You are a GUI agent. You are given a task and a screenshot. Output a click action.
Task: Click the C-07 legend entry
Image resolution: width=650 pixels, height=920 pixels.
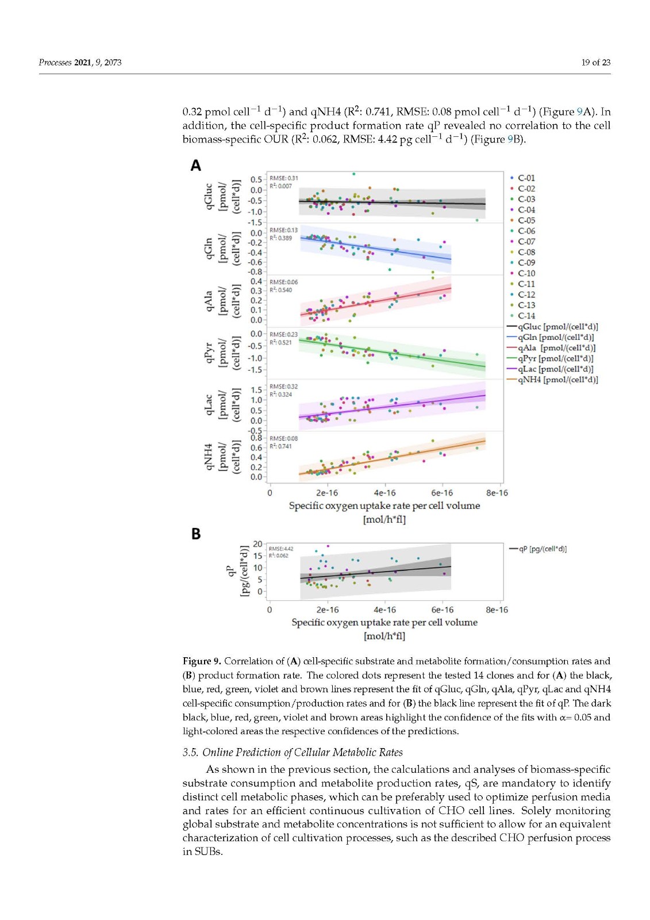(526, 241)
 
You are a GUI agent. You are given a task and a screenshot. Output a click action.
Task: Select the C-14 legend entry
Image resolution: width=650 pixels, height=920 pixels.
(526, 316)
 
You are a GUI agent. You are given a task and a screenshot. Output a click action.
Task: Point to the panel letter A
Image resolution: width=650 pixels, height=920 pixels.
(196, 166)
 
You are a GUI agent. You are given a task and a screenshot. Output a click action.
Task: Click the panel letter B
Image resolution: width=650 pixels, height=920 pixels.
(196, 534)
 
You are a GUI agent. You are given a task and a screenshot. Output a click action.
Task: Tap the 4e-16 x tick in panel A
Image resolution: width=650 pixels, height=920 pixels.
(384, 493)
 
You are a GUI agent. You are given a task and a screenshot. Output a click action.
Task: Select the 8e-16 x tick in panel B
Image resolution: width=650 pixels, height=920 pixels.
(497, 609)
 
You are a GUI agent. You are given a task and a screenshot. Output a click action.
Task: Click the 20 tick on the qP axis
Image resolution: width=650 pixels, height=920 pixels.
(257, 544)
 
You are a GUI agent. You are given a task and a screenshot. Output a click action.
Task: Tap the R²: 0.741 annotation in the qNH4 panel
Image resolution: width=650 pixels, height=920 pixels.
(280, 446)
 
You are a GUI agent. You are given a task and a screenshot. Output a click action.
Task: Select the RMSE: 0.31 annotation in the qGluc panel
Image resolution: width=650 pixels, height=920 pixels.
(284, 178)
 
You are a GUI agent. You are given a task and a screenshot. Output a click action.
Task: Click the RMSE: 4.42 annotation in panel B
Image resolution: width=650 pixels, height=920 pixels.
(281, 549)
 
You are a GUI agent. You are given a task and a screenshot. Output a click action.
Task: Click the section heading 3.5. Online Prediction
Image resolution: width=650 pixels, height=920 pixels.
(293, 752)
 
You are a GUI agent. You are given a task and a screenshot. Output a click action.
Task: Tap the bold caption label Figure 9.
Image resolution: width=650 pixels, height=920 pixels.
(202, 661)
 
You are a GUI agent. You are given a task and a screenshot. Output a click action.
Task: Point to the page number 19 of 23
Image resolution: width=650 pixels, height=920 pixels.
(595, 62)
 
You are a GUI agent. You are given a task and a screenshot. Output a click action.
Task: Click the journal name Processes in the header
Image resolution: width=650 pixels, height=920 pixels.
(55, 62)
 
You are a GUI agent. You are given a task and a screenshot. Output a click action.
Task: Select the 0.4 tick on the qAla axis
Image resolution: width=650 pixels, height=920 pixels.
(256, 281)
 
